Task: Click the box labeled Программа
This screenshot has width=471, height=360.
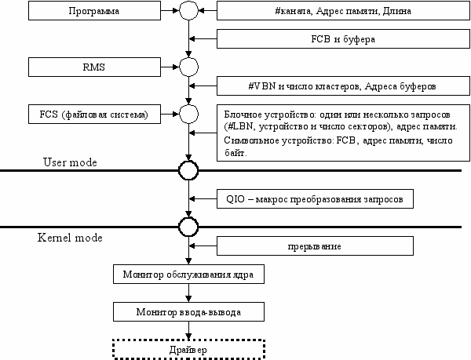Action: (94, 11)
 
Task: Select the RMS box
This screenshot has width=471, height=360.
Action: (94, 67)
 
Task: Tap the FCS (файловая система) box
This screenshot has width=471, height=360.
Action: (94, 114)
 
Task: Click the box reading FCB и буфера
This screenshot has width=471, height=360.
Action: (343, 38)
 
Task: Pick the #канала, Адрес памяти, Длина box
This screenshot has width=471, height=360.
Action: (343, 11)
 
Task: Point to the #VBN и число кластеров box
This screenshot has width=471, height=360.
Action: (343, 85)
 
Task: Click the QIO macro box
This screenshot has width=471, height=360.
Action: (315, 198)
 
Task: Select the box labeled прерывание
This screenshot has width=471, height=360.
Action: (315, 246)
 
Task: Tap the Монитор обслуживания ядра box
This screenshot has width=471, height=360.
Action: (188, 274)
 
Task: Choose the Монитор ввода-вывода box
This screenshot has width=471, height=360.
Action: (188, 311)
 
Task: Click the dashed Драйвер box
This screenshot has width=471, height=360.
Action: (188, 349)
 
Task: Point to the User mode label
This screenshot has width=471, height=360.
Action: (70, 162)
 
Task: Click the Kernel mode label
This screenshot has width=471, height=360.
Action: (70, 238)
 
